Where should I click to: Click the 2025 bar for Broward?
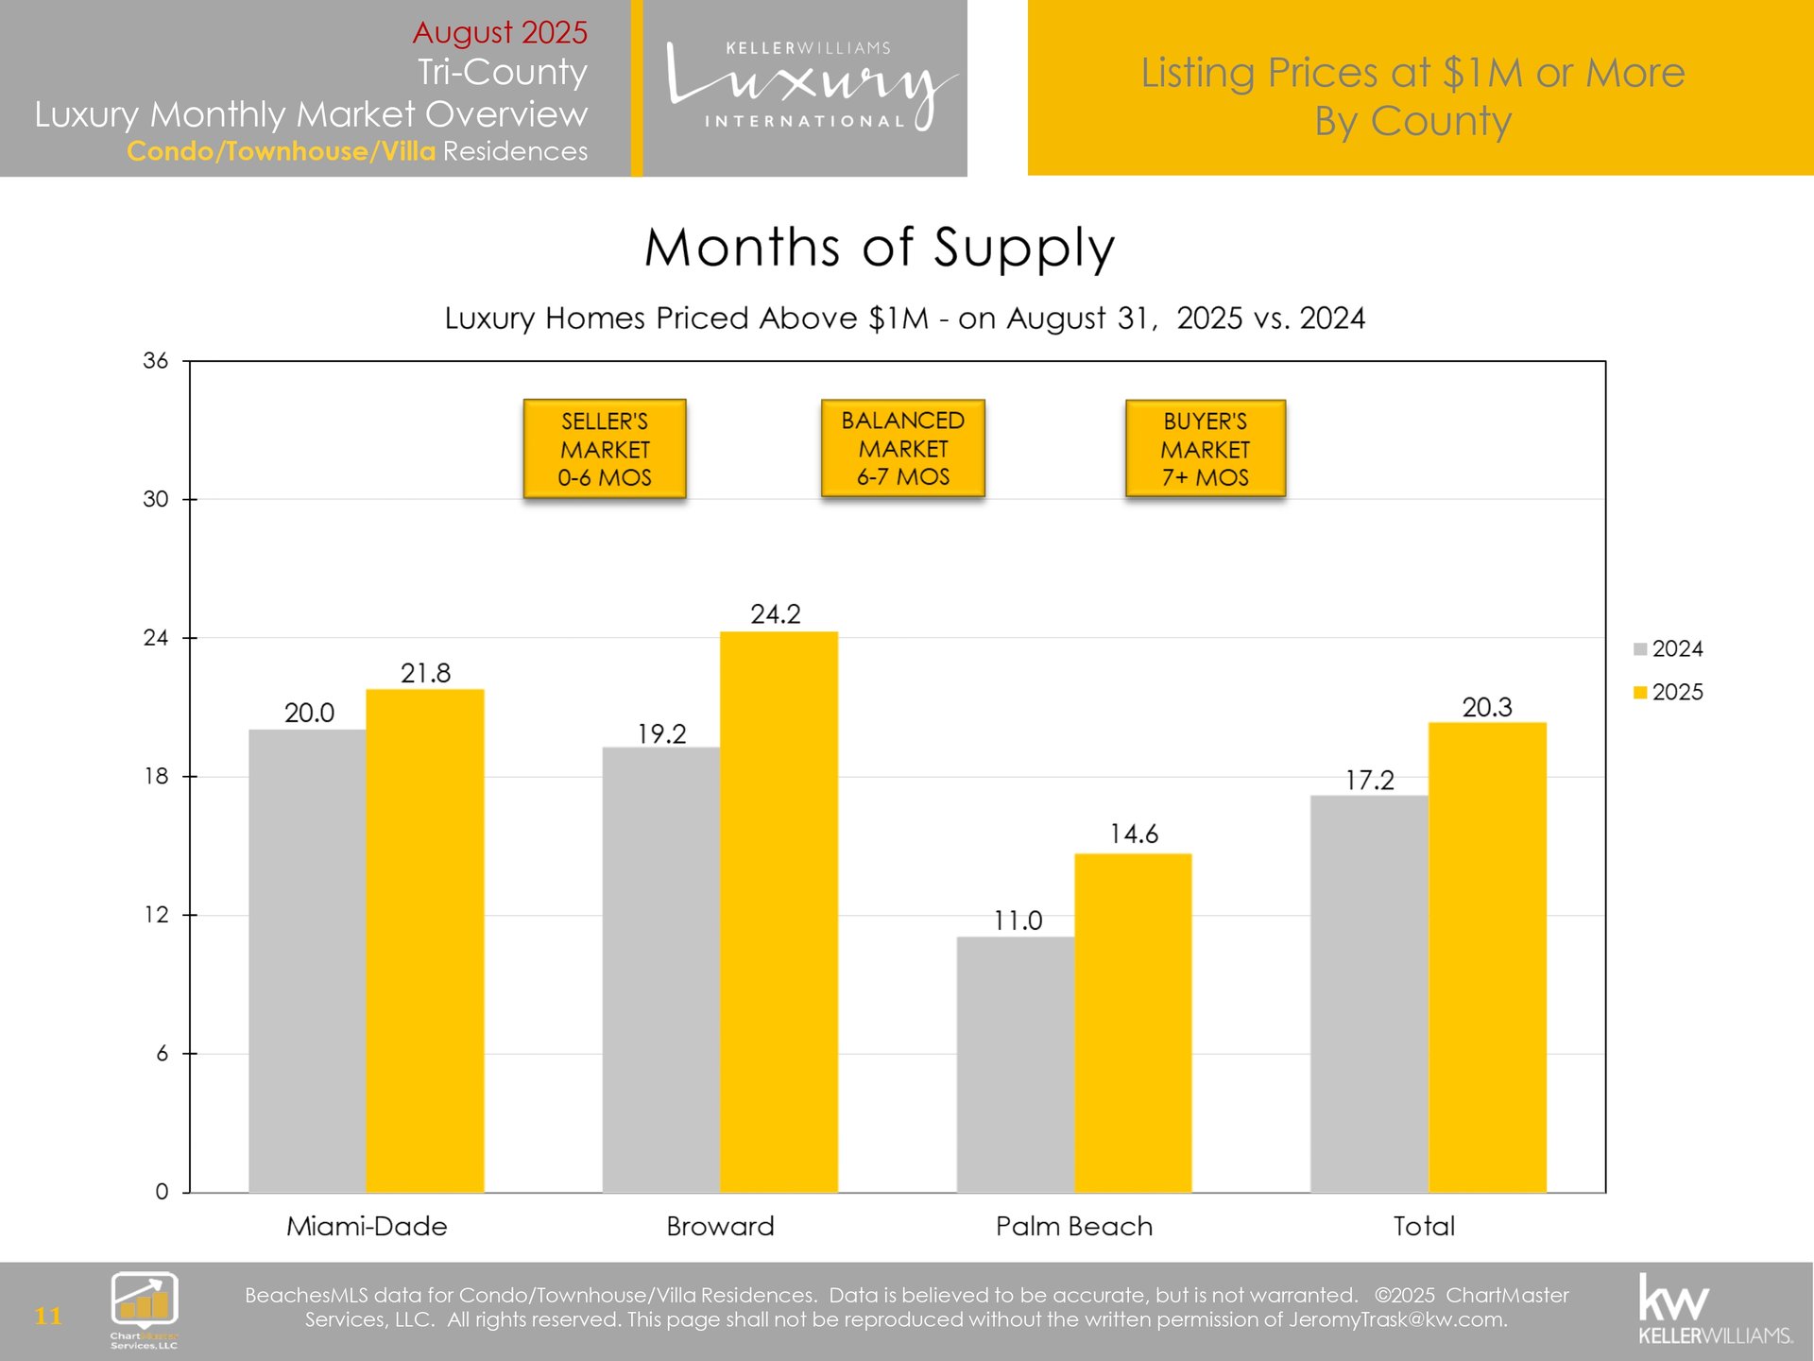pyautogui.click(x=779, y=911)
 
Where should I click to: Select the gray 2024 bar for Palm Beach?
pyautogui.click(x=1015, y=1064)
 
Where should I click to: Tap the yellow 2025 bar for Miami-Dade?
pyautogui.click(x=425, y=940)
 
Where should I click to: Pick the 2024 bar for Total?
pyautogui.click(x=1369, y=993)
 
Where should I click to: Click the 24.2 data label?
pyautogui.click(x=776, y=614)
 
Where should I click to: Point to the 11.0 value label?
pyautogui.click(x=1018, y=921)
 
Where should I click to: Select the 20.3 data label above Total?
pyautogui.click(x=1487, y=707)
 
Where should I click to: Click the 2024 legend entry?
pyautogui.click(x=1669, y=649)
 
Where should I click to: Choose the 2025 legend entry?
pyautogui.click(x=1669, y=692)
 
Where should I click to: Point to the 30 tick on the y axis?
pyautogui.click(x=156, y=499)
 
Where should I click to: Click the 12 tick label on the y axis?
pyautogui.click(x=156, y=915)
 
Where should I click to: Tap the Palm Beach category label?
pyautogui.click(x=1074, y=1226)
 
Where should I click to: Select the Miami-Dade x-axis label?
pyautogui.click(x=367, y=1226)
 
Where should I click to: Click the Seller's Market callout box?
pyautogui.click(x=605, y=449)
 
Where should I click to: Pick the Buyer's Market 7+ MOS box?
pyautogui.click(x=1206, y=449)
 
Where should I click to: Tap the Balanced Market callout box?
pyautogui.click(x=903, y=449)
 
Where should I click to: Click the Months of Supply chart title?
pyautogui.click(x=880, y=248)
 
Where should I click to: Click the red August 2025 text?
pyautogui.click(x=500, y=32)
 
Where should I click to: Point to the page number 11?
pyautogui.click(x=48, y=1316)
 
